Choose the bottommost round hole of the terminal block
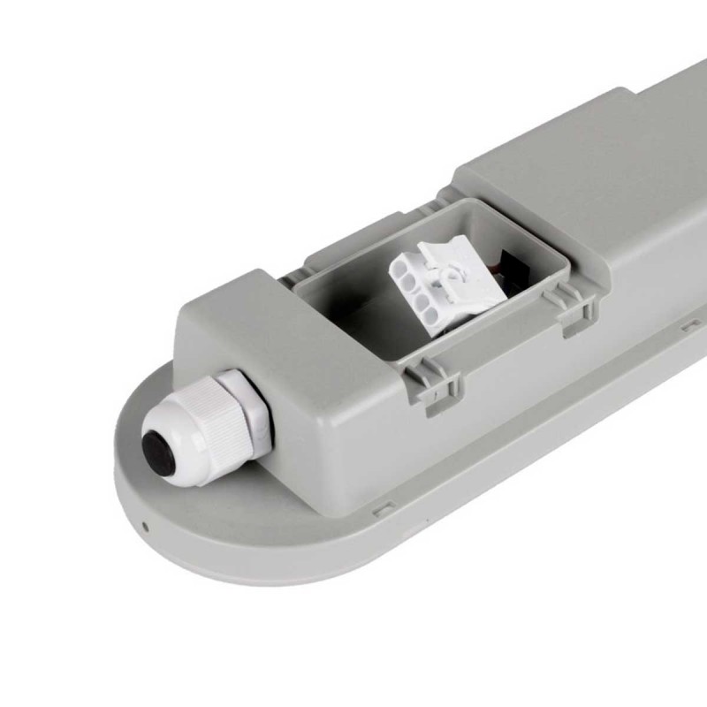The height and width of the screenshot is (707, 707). [x=423, y=310]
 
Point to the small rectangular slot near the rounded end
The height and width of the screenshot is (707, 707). [x=384, y=509]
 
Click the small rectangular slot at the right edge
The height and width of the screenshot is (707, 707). [x=690, y=327]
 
